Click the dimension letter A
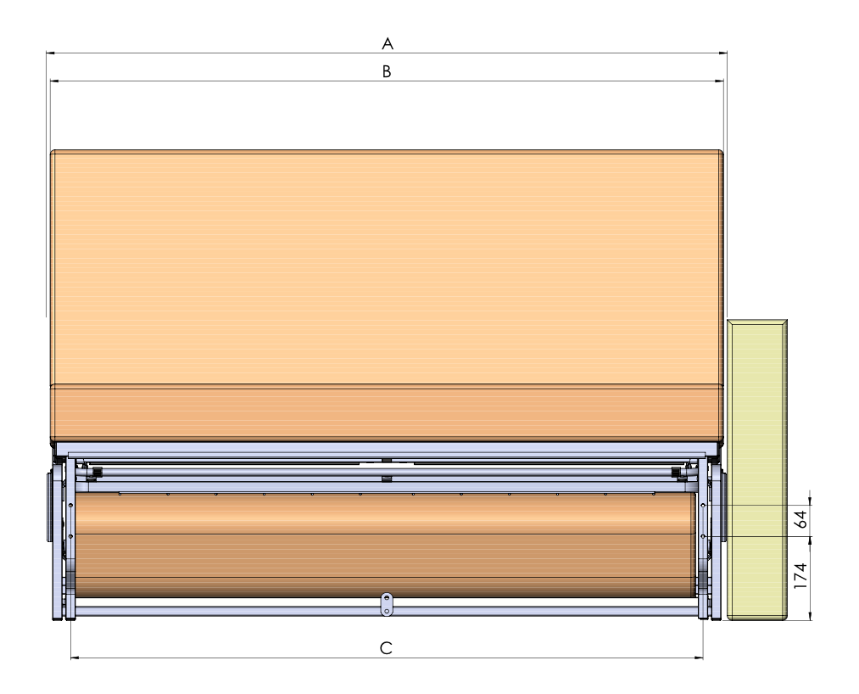point(388,43)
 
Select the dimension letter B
point(386,71)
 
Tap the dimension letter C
point(386,648)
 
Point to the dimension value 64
point(801,519)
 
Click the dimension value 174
point(801,575)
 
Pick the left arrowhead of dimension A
point(50,53)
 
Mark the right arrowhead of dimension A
point(722,53)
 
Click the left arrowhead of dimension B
point(55,81)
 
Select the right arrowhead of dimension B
point(719,81)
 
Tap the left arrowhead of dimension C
point(75,658)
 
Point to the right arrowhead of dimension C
point(699,658)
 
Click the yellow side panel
point(757,470)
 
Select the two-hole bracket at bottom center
point(387,604)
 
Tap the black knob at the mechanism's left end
point(98,472)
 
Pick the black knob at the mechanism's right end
point(677,472)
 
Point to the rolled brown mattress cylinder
point(386,545)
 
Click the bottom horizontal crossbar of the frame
point(387,611)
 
